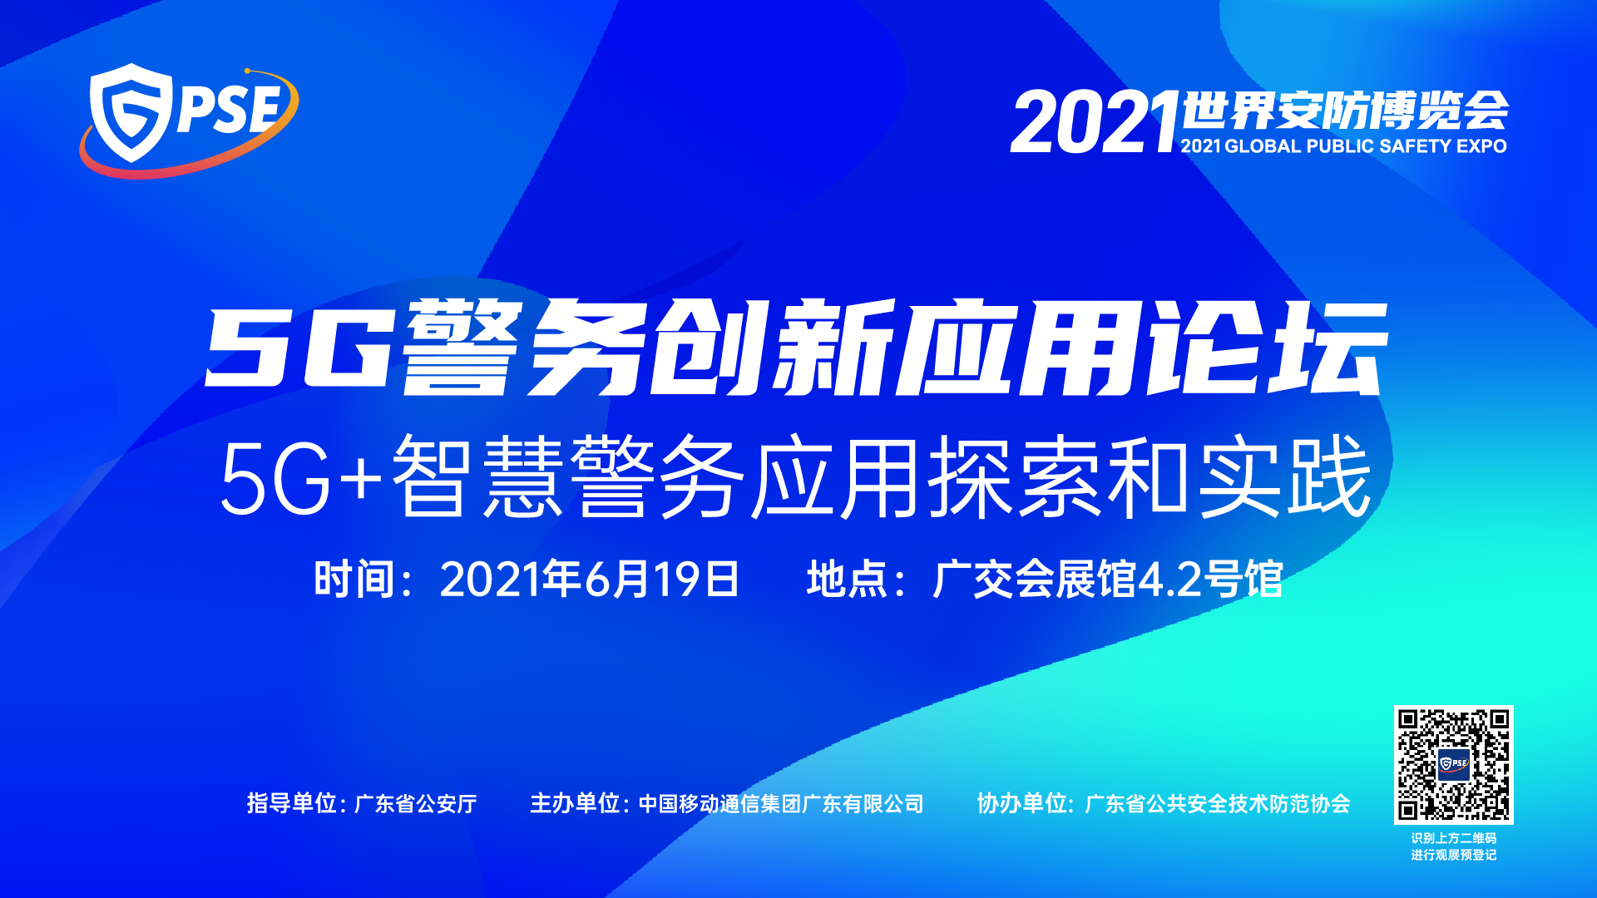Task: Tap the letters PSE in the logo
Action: (x=228, y=110)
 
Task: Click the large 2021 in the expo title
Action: (x=1095, y=122)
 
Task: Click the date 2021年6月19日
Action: (x=589, y=579)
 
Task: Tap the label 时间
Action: (x=354, y=579)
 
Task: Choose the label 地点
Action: (x=847, y=579)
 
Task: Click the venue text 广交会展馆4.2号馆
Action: (x=1108, y=579)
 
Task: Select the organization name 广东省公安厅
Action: (x=415, y=804)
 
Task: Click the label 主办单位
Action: (x=575, y=803)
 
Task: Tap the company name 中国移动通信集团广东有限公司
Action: (x=781, y=804)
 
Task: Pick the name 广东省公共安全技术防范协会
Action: (x=1218, y=804)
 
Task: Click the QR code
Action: (x=1453, y=765)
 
